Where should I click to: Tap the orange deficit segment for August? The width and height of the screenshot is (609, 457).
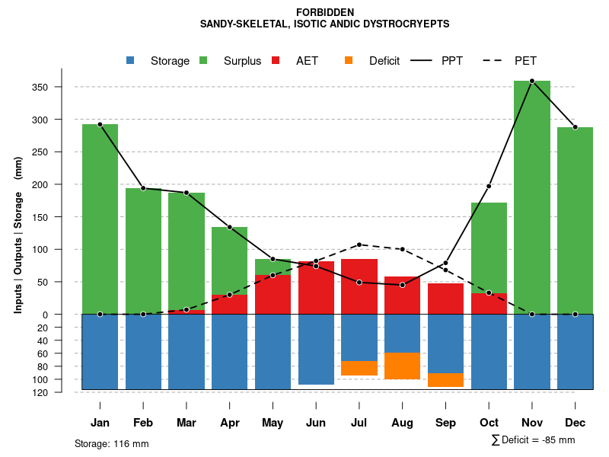click(402, 366)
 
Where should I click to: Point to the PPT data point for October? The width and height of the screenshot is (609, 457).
click(489, 186)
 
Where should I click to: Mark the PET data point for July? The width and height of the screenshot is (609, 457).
click(359, 244)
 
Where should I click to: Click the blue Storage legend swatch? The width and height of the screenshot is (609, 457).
click(131, 61)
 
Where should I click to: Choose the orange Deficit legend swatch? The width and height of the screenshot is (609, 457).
click(349, 61)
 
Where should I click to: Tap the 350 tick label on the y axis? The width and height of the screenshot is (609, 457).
click(62, 87)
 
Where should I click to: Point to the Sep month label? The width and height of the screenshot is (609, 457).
click(445, 423)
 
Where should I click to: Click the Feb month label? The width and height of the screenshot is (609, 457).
click(143, 423)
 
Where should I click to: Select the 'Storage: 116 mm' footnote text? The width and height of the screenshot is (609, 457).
click(111, 443)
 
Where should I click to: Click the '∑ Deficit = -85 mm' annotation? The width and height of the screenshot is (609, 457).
click(533, 439)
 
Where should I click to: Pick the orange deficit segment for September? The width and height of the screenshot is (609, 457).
click(445, 380)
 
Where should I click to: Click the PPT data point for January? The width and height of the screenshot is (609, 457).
click(100, 124)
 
